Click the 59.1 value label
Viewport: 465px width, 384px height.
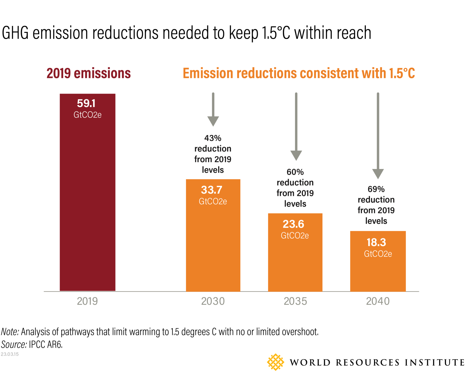(86, 103)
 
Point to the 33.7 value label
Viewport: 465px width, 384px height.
(211, 190)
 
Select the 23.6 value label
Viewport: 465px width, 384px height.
(293, 224)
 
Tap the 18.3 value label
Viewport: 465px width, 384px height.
(376, 243)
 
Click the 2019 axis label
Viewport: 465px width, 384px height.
(87, 301)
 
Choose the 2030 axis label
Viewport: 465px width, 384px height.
(213, 301)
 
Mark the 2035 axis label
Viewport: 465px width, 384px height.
(295, 301)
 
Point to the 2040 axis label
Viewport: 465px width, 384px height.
(378, 301)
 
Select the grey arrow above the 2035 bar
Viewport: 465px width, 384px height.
(296, 127)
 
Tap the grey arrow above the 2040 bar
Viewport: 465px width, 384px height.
(378, 136)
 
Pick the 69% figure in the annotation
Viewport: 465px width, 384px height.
(376, 189)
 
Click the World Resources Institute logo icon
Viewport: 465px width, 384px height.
(275, 362)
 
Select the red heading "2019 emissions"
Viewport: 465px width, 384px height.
(89, 73)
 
